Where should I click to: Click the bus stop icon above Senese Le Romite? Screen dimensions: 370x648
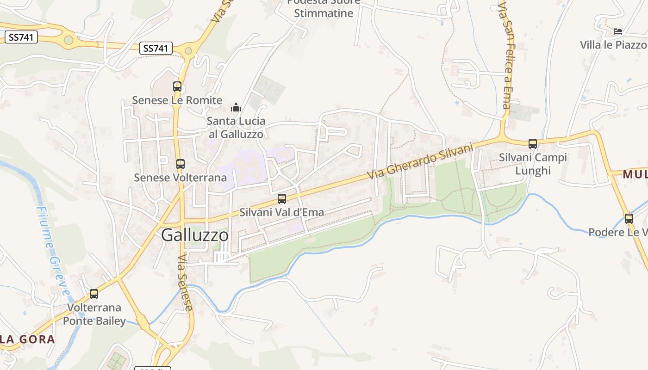(177, 86)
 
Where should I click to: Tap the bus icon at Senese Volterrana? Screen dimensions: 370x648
(181, 164)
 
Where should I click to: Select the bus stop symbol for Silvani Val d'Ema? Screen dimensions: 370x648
(282, 199)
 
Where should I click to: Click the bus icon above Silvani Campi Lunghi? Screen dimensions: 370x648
(533, 144)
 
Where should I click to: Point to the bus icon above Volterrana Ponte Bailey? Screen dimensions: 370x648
(94, 294)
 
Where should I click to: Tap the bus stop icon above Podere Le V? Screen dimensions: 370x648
(629, 219)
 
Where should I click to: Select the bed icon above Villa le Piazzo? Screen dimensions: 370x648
(618, 31)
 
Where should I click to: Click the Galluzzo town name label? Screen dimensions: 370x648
(195, 235)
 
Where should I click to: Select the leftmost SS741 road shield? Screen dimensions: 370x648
(21, 37)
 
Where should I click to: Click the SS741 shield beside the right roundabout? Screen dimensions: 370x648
(156, 48)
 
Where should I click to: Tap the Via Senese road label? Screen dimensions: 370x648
(185, 282)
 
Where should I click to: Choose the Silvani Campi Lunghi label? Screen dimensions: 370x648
(533, 164)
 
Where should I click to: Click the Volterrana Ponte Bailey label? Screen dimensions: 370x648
(94, 314)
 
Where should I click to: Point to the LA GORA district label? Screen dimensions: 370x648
(27, 339)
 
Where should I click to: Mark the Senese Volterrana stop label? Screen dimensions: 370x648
(181, 178)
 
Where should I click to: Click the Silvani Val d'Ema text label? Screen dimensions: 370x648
(281, 213)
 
